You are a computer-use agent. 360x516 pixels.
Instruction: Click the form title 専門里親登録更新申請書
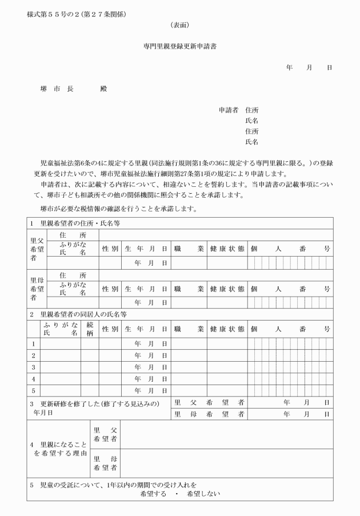pyautogui.click(x=179, y=46)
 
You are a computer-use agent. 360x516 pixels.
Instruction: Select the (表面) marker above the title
pyautogui.click(x=179, y=26)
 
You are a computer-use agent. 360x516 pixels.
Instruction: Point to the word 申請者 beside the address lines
pyautogui.click(x=229, y=110)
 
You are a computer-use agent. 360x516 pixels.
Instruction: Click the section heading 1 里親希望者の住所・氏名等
pyautogui.click(x=79, y=223)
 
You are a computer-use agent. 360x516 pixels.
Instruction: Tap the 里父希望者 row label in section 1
pyautogui.click(x=37, y=249)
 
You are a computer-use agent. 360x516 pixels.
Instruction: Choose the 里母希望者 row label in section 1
pyautogui.click(x=37, y=289)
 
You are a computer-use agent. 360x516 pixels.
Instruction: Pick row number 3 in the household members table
pyautogui.click(x=33, y=367)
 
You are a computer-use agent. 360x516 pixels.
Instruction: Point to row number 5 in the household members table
pyautogui.click(x=33, y=390)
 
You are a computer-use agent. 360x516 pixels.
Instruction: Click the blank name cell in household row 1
pyautogui.click(x=60, y=344)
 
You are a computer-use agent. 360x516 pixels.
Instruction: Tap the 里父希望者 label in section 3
pyautogui.click(x=209, y=402)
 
